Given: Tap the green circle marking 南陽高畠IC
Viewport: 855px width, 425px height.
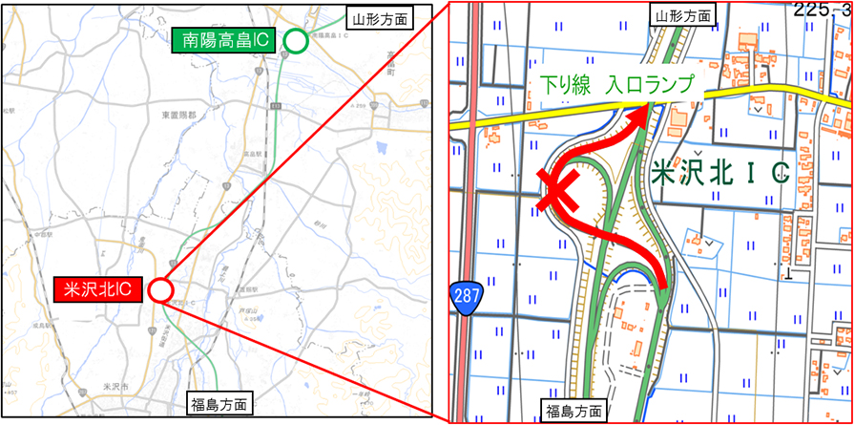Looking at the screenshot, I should coord(296,41).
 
